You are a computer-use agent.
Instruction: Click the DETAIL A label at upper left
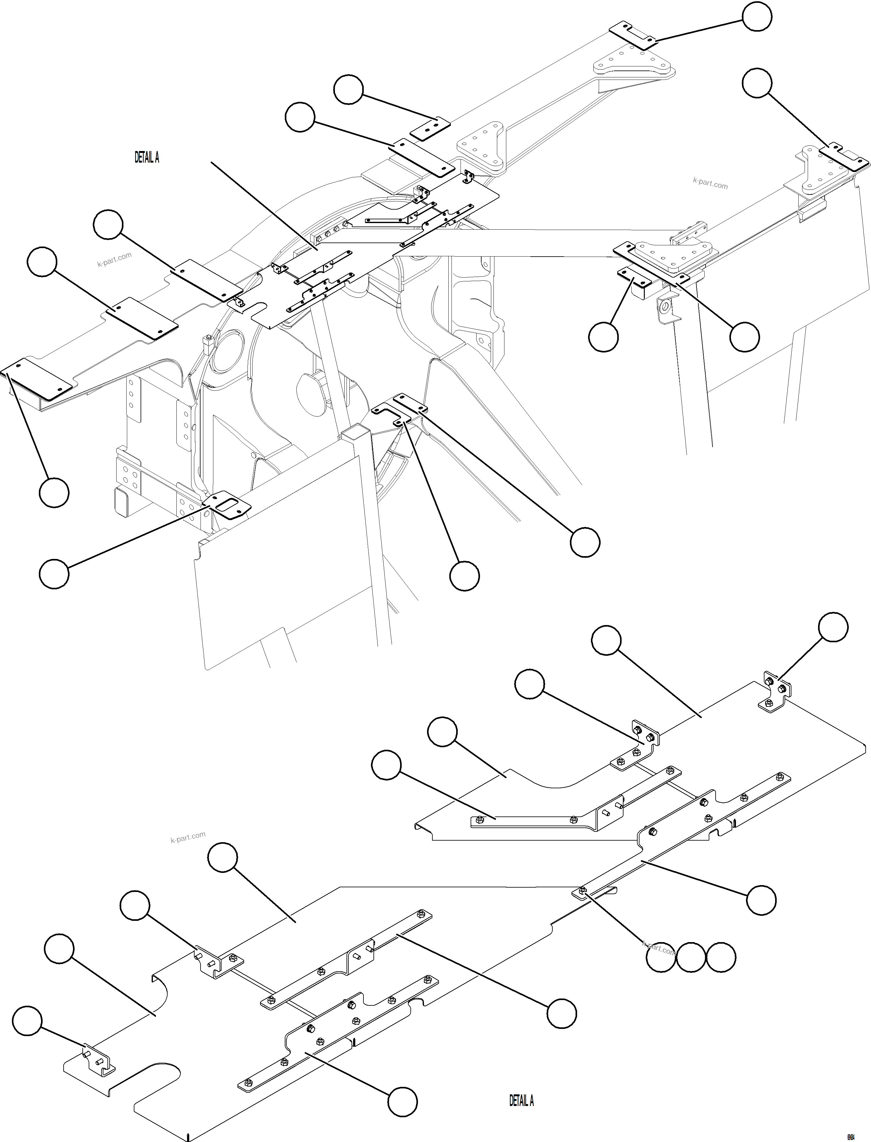point(147,158)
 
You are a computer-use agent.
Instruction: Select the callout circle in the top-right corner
point(757,17)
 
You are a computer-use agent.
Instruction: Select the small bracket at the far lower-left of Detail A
point(98,1061)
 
